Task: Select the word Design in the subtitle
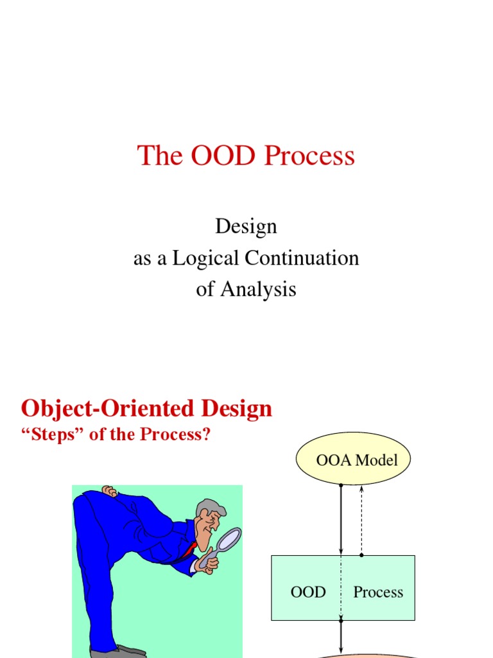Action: point(246,226)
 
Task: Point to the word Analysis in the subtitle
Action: point(258,289)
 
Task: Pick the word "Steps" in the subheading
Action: point(46,435)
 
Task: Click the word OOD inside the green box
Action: point(308,592)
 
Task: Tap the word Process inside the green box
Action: point(378,592)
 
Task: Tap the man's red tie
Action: point(191,548)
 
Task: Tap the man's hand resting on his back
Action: point(110,491)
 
